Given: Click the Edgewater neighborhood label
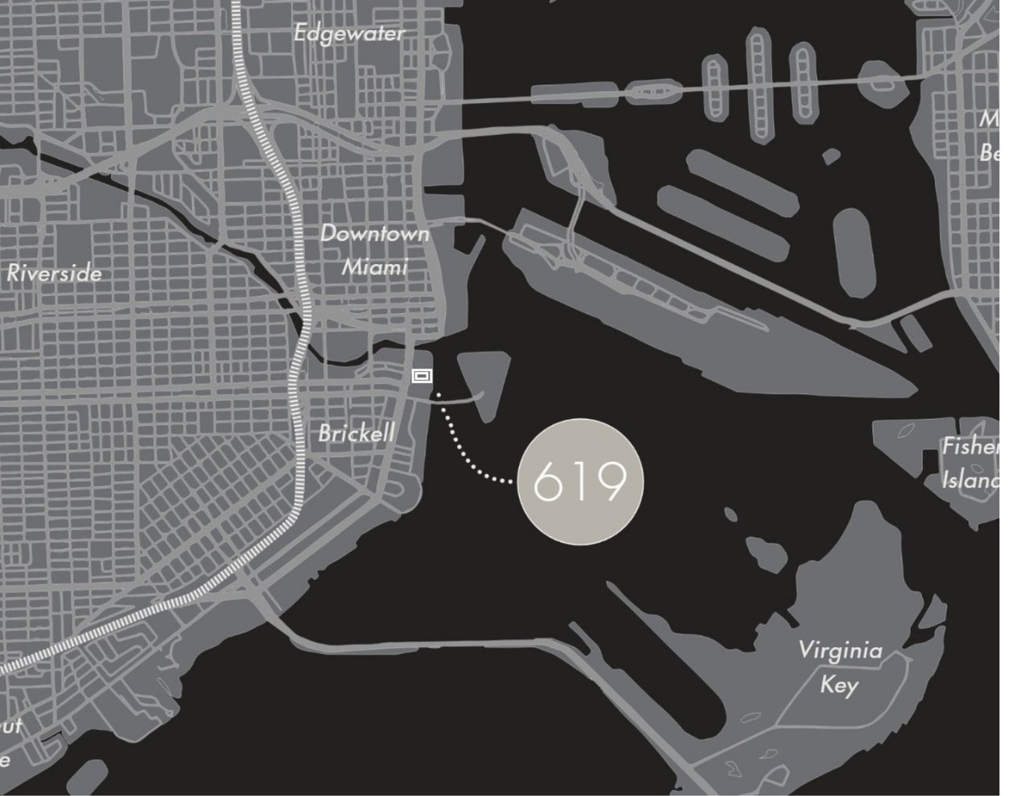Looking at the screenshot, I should click(348, 34).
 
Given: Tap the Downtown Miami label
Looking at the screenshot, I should click(375, 250).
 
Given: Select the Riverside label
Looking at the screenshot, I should click(55, 274).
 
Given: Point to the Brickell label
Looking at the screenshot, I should click(356, 434).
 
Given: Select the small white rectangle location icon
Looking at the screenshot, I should click(422, 375).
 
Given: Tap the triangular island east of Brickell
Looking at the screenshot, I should click(485, 378).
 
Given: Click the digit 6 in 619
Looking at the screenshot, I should click(548, 482).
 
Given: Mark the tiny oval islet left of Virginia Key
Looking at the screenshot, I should click(731, 513).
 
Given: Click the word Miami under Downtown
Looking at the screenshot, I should click(375, 266).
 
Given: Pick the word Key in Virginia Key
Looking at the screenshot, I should click(838, 685).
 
